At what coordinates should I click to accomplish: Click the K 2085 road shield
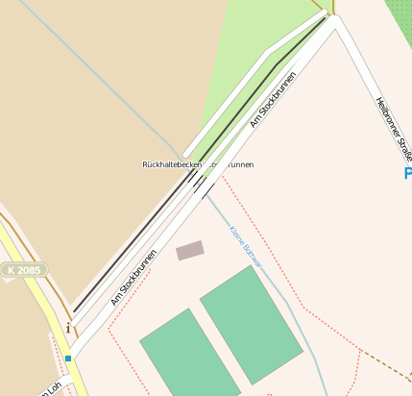[x=24, y=272]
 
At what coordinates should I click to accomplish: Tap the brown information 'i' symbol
[x=68, y=330]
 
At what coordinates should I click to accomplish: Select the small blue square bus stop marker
[x=68, y=359]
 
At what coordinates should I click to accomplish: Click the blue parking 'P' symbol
[x=407, y=174]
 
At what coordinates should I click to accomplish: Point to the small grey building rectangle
[x=190, y=251]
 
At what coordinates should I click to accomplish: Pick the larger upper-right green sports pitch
[x=252, y=324]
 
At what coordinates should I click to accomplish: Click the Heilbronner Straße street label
[x=395, y=129]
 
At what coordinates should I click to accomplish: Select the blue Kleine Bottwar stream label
[x=246, y=246]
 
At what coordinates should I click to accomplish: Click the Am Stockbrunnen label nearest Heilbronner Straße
[x=272, y=98]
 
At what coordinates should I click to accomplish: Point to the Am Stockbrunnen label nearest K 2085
[x=133, y=278]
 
